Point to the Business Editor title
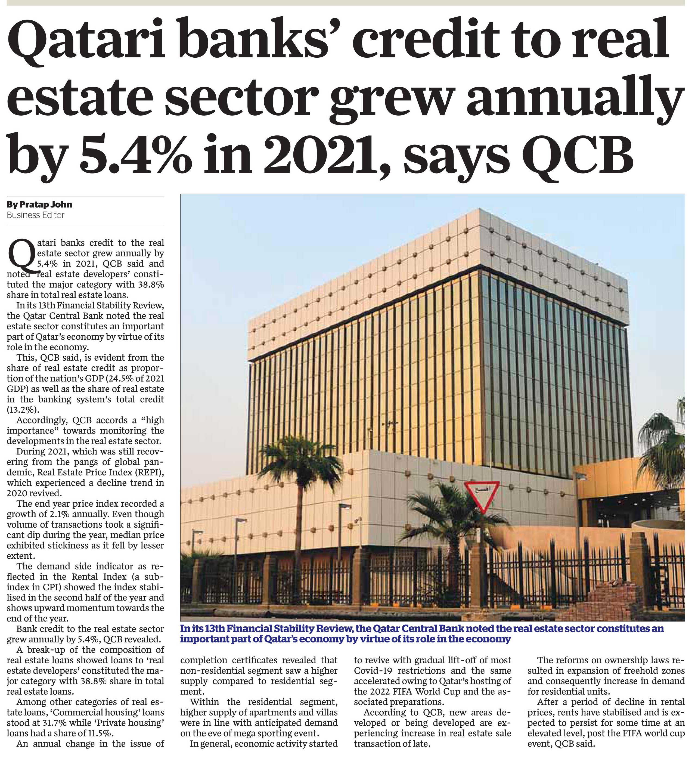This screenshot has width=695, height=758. tap(35, 215)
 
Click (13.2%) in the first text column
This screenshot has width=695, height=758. tap(23, 410)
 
